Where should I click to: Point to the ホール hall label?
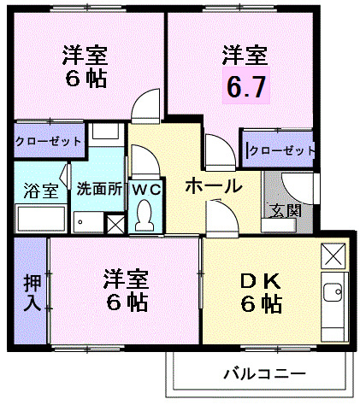coord(212,186)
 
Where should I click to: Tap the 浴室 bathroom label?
coord(40,190)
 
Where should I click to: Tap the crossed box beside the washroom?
coord(115,224)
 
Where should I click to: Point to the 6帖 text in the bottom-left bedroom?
coord(127,302)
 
